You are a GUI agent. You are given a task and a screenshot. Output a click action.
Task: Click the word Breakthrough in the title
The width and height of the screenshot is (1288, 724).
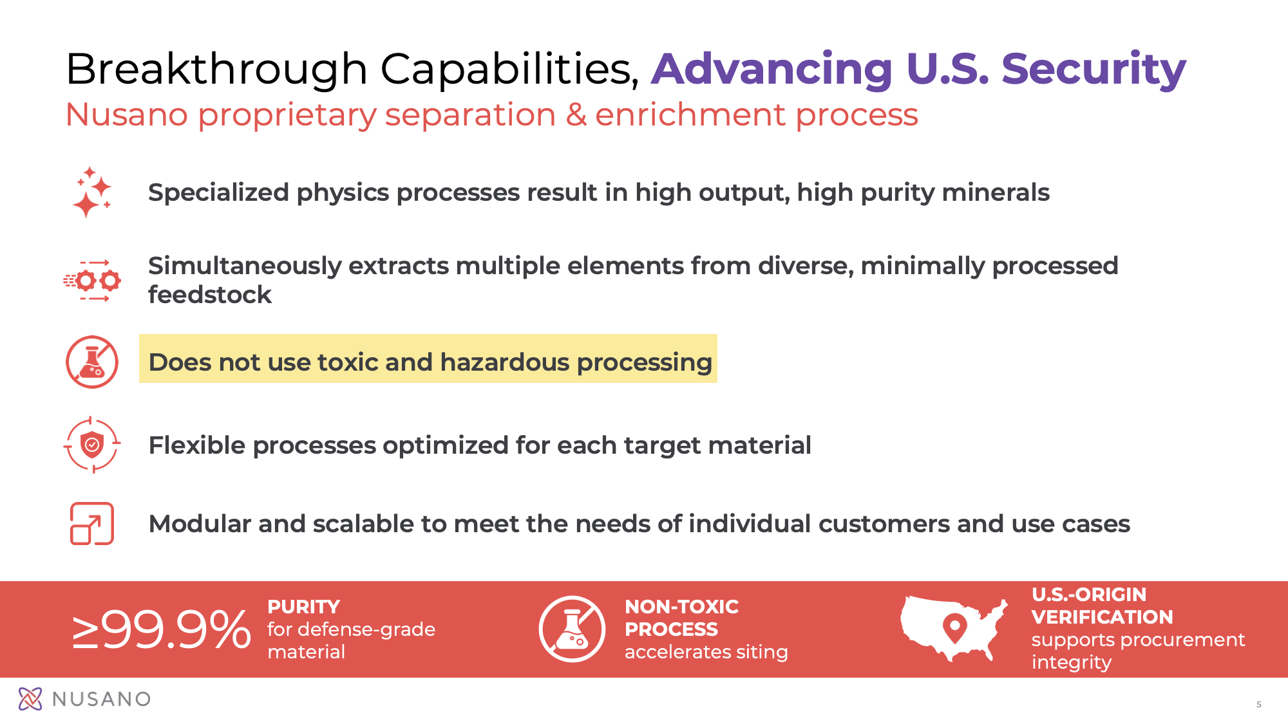pos(217,70)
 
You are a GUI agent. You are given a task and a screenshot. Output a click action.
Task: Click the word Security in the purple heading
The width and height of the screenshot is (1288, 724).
pos(1094,70)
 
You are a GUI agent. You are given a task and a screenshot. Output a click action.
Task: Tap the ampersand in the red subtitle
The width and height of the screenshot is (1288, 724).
pos(576,115)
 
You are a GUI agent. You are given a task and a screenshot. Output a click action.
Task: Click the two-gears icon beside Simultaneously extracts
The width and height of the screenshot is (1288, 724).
pos(92,281)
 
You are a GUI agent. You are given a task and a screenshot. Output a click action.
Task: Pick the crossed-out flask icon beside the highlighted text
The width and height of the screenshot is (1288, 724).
pos(92,362)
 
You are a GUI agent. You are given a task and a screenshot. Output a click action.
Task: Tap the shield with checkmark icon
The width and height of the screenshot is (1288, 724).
pos(92,445)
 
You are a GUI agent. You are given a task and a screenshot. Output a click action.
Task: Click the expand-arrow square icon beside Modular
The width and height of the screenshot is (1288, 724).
pos(92,523)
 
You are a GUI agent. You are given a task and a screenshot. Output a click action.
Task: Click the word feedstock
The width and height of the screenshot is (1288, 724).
pos(210,295)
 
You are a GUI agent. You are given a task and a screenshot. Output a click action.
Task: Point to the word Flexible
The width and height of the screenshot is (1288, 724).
pos(198,445)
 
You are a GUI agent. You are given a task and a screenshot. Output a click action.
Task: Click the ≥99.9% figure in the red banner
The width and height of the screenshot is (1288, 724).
pos(161,629)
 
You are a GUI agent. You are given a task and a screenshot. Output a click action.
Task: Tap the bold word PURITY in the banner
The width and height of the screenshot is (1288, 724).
pos(304,607)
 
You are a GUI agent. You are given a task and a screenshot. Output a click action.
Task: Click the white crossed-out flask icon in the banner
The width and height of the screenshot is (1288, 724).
pos(572,629)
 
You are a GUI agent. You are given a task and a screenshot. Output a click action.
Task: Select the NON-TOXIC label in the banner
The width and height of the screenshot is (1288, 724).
pos(682,607)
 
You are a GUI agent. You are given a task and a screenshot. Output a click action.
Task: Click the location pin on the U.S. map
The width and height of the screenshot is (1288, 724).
pos(954,627)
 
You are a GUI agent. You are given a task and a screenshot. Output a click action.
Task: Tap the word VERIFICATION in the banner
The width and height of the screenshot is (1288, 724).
pos(1103,617)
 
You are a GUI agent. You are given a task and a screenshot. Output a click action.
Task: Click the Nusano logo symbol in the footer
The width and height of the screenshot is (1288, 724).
pos(30,699)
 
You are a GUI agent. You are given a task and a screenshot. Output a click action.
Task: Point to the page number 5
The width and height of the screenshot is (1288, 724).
pos(1259,705)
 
